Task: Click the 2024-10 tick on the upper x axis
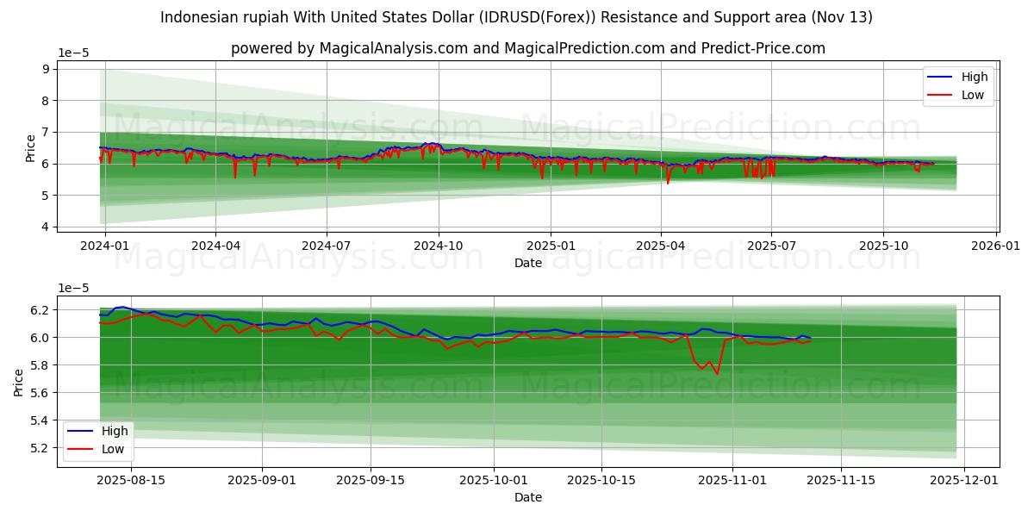click(439, 244)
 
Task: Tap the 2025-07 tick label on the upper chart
click(770, 244)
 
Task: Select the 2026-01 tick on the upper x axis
click(996, 244)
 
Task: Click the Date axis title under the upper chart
click(527, 263)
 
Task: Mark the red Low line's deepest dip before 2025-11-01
click(717, 374)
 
